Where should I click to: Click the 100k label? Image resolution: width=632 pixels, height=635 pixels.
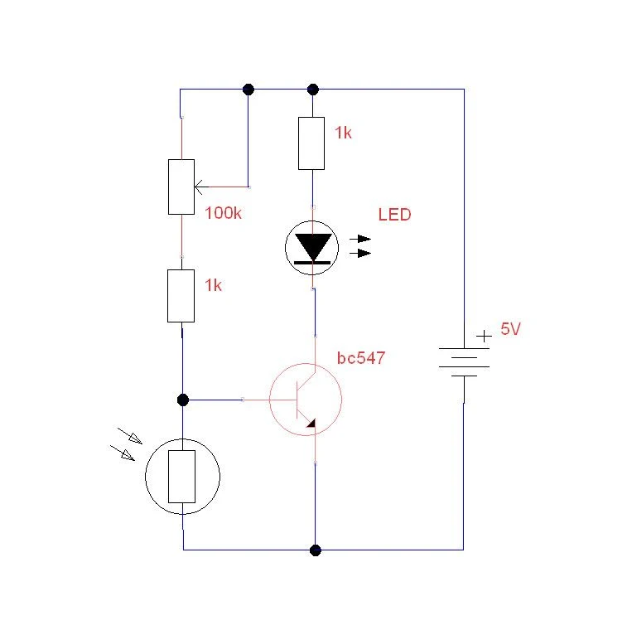[x=223, y=213]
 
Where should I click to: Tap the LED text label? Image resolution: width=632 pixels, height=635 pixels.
[x=394, y=215]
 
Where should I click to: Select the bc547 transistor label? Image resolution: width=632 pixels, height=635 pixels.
[x=361, y=358]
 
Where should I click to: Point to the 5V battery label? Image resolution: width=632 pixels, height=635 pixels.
[x=510, y=329]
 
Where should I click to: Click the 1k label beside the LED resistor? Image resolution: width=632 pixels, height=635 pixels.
[x=343, y=133]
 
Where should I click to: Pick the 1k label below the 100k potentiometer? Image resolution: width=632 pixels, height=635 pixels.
[x=213, y=285]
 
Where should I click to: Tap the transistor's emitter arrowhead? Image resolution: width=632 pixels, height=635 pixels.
[x=311, y=423]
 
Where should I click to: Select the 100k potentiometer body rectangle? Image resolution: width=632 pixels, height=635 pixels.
[x=181, y=187]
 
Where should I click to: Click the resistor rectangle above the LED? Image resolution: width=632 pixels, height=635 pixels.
[x=311, y=143]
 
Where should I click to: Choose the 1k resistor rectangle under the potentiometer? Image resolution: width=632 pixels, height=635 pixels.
[x=181, y=296]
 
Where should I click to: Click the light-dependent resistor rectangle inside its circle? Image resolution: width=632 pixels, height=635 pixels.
[x=181, y=477]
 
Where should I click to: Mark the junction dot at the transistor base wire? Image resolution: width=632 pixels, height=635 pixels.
[x=183, y=400]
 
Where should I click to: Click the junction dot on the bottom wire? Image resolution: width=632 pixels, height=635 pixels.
[x=316, y=550]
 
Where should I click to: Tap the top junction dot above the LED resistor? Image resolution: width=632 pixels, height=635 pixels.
[x=313, y=90]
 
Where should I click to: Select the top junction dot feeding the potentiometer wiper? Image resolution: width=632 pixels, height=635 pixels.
[x=248, y=90]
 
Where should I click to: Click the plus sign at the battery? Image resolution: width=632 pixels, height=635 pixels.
[x=484, y=336]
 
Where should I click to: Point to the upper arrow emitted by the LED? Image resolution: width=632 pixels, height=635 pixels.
[x=360, y=239]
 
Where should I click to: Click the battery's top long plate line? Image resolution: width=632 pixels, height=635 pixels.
[x=464, y=348]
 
